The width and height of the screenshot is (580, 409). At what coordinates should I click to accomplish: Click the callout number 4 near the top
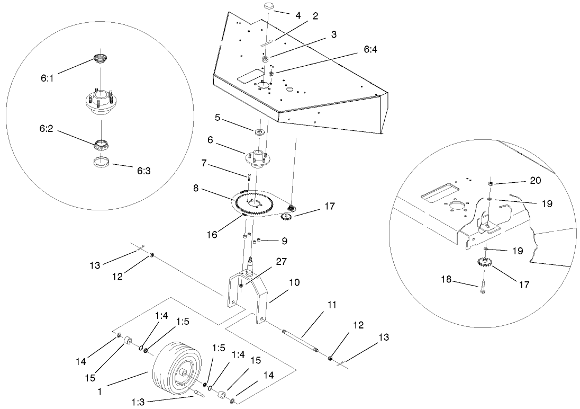point(298,16)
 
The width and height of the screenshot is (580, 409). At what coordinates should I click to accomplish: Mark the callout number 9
point(285,242)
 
